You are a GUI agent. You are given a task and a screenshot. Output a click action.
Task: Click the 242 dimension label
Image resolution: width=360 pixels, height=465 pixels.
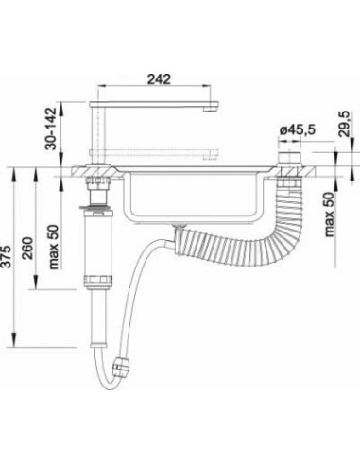coord(159,79)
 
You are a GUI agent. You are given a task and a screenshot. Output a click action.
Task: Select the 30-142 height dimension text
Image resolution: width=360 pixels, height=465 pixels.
coord(50,129)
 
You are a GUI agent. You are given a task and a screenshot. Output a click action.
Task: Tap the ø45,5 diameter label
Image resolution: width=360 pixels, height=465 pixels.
coord(298,129)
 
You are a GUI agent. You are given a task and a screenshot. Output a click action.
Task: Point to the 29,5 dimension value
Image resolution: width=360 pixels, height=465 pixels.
coord(345,124)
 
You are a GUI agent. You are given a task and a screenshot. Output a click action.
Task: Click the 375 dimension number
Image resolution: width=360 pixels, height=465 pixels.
coord(7,256)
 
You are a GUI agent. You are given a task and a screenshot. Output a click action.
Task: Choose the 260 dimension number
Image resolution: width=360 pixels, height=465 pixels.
coord(27,249)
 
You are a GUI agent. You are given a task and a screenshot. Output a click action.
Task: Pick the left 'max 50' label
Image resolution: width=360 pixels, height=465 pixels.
coord(53,247)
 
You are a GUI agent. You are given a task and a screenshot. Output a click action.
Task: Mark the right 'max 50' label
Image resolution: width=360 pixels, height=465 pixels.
coord(329,215)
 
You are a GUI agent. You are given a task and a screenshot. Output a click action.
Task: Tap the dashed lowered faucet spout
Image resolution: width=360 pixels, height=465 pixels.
coord(154,153)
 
